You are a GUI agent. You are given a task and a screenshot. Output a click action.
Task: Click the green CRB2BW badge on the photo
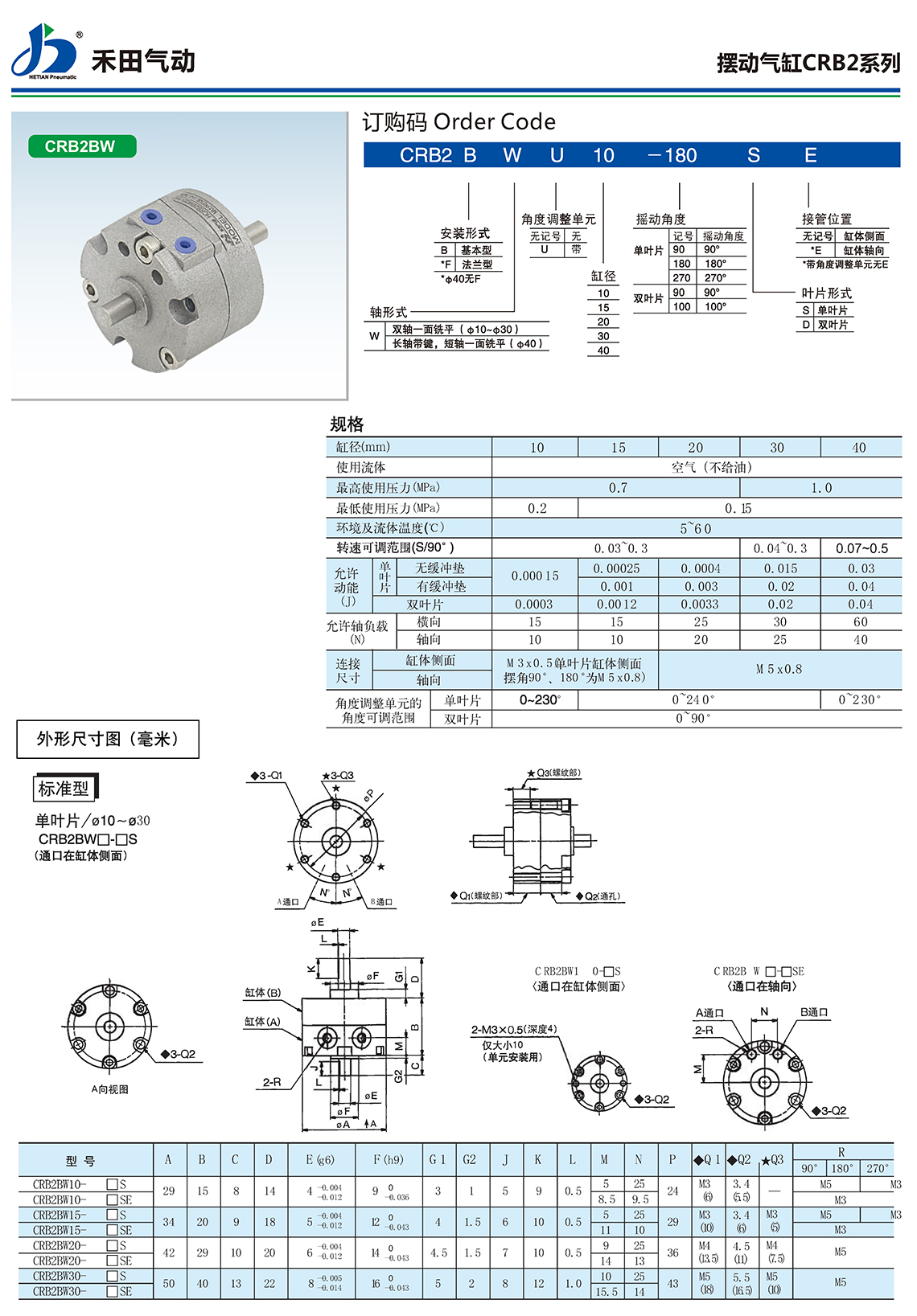(81, 146)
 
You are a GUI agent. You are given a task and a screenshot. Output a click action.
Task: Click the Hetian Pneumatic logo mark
(45, 51)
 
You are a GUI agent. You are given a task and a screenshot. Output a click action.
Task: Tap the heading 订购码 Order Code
(458, 122)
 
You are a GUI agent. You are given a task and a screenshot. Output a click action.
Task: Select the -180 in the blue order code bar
(672, 156)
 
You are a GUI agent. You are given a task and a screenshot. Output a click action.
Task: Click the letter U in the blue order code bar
(557, 156)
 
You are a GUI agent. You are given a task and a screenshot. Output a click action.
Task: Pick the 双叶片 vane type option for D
(833, 325)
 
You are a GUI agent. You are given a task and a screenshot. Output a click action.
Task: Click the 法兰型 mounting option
(476, 264)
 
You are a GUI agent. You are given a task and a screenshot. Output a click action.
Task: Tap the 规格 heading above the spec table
(347, 424)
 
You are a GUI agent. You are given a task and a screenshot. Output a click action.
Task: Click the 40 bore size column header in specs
(859, 448)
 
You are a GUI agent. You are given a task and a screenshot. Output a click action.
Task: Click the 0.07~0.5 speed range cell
(861, 548)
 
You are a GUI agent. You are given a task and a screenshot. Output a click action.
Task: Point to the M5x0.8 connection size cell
(779, 669)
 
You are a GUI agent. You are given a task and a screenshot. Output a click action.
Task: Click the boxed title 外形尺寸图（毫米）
(108, 739)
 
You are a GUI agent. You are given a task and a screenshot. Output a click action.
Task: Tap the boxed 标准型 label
(64, 789)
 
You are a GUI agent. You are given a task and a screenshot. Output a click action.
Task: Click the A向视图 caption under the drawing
(110, 1089)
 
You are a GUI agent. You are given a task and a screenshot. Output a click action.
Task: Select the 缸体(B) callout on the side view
(263, 993)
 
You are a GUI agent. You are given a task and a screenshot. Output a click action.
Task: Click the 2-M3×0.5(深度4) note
(513, 1030)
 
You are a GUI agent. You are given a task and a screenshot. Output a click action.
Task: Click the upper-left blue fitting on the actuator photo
(149, 217)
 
